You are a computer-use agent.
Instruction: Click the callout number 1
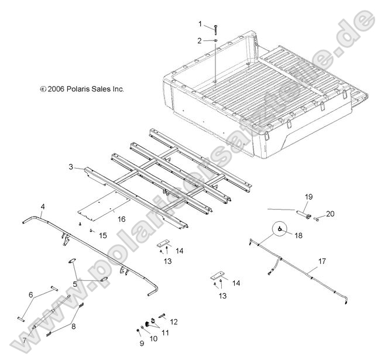click(200, 24)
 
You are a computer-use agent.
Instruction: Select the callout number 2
click(200, 40)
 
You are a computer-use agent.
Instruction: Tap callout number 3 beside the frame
click(71, 167)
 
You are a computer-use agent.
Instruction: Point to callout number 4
click(43, 207)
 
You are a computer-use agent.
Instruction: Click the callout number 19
click(309, 196)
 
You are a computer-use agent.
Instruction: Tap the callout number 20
click(331, 214)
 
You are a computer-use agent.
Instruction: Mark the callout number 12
click(173, 322)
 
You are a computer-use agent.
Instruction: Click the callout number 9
click(142, 342)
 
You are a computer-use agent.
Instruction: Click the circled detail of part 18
click(282, 229)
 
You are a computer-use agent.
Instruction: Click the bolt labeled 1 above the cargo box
click(215, 28)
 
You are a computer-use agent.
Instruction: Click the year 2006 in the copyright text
click(56, 90)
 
